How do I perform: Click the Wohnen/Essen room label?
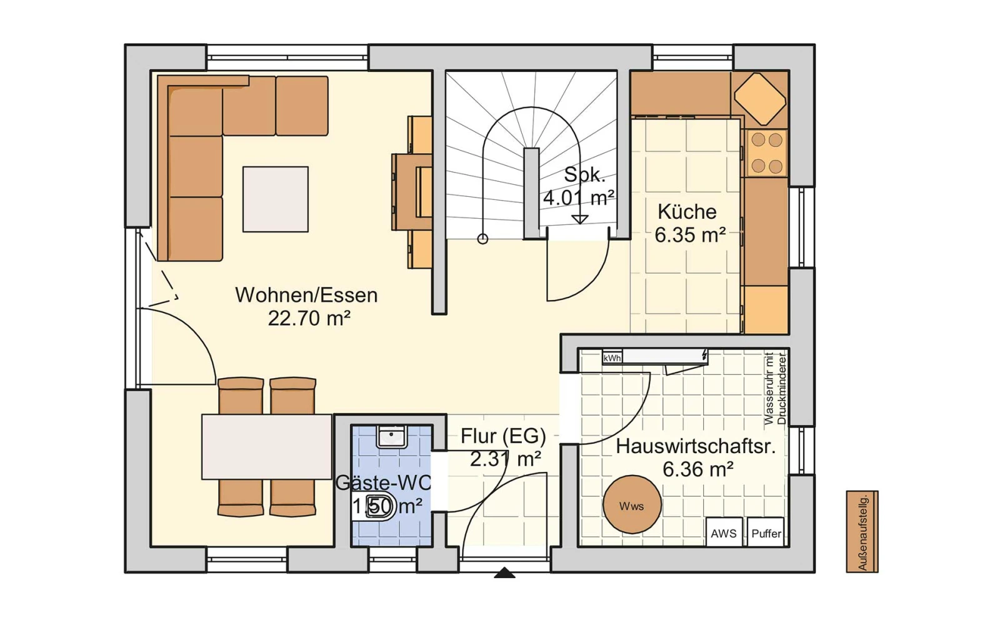(306, 295)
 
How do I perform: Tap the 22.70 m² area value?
(309, 318)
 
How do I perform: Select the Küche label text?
(687, 212)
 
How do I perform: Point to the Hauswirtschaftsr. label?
(696, 446)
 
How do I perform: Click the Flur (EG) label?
(503, 436)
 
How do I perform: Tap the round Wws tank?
(632, 504)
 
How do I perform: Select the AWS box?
(724, 532)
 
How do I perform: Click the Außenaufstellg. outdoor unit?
(862, 532)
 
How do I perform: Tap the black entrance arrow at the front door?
(504, 572)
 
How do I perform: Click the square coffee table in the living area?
(276, 199)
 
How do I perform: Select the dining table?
(266, 447)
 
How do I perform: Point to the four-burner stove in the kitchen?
(767, 153)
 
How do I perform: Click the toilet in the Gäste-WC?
(374, 506)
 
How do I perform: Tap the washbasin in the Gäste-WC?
(391, 437)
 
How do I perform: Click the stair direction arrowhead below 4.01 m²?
(580, 219)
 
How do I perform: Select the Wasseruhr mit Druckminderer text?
(775, 388)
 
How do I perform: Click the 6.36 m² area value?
(697, 469)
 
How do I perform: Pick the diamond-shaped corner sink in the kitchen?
(760, 99)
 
